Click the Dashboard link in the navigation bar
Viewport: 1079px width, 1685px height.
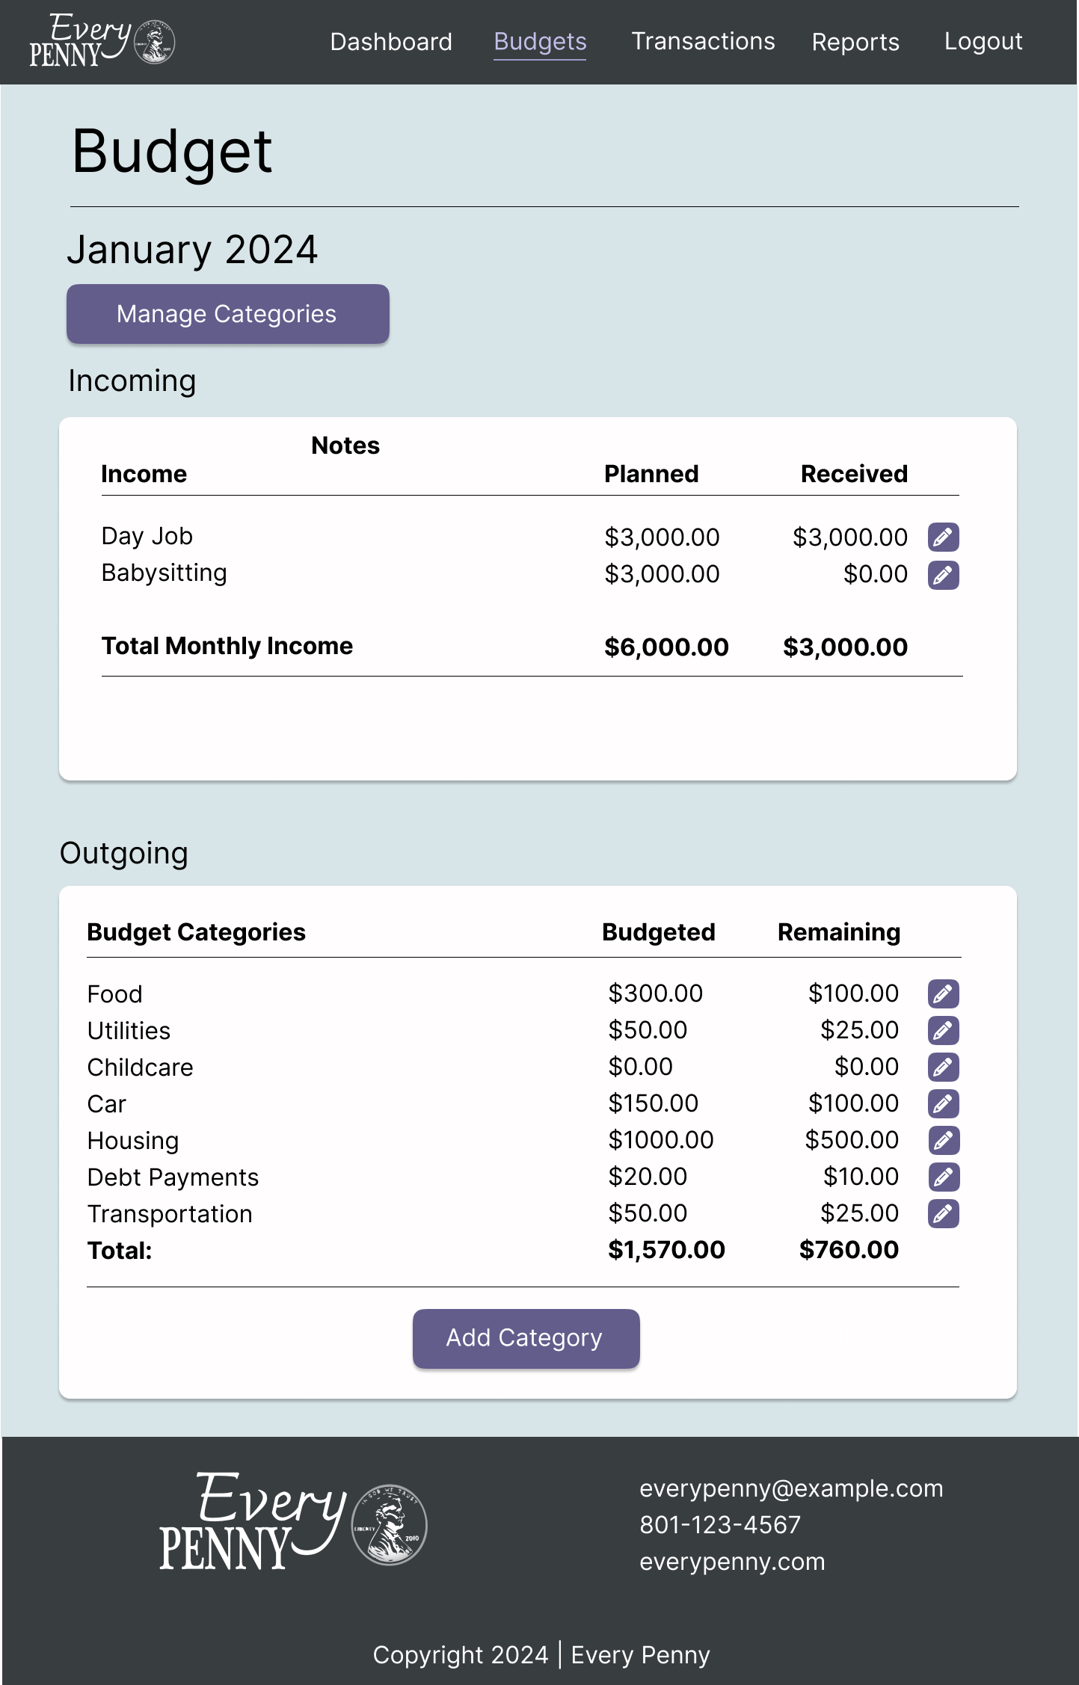click(391, 42)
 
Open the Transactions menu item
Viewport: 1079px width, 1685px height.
click(703, 42)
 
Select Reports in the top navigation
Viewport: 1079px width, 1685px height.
click(855, 43)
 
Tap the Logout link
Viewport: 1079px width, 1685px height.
click(983, 42)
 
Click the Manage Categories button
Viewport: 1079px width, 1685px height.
click(227, 314)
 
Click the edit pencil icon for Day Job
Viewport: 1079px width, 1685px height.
click(943, 537)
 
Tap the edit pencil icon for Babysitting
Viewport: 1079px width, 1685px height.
click(943, 575)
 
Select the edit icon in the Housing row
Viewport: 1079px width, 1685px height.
click(943, 1140)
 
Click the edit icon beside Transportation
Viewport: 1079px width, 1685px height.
click(943, 1213)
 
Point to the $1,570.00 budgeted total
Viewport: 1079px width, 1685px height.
click(665, 1249)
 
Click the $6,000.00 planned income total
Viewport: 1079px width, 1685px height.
click(665, 647)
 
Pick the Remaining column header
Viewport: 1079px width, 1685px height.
click(838, 932)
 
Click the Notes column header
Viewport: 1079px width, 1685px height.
click(345, 446)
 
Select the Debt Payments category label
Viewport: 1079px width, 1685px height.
click(173, 1177)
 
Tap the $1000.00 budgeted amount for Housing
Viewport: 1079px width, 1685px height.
click(660, 1140)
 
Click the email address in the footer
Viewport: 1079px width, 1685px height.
click(790, 1488)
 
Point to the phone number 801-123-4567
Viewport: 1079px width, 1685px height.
click(719, 1525)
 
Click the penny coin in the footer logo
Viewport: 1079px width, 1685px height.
click(389, 1525)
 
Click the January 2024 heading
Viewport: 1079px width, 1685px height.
click(192, 250)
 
